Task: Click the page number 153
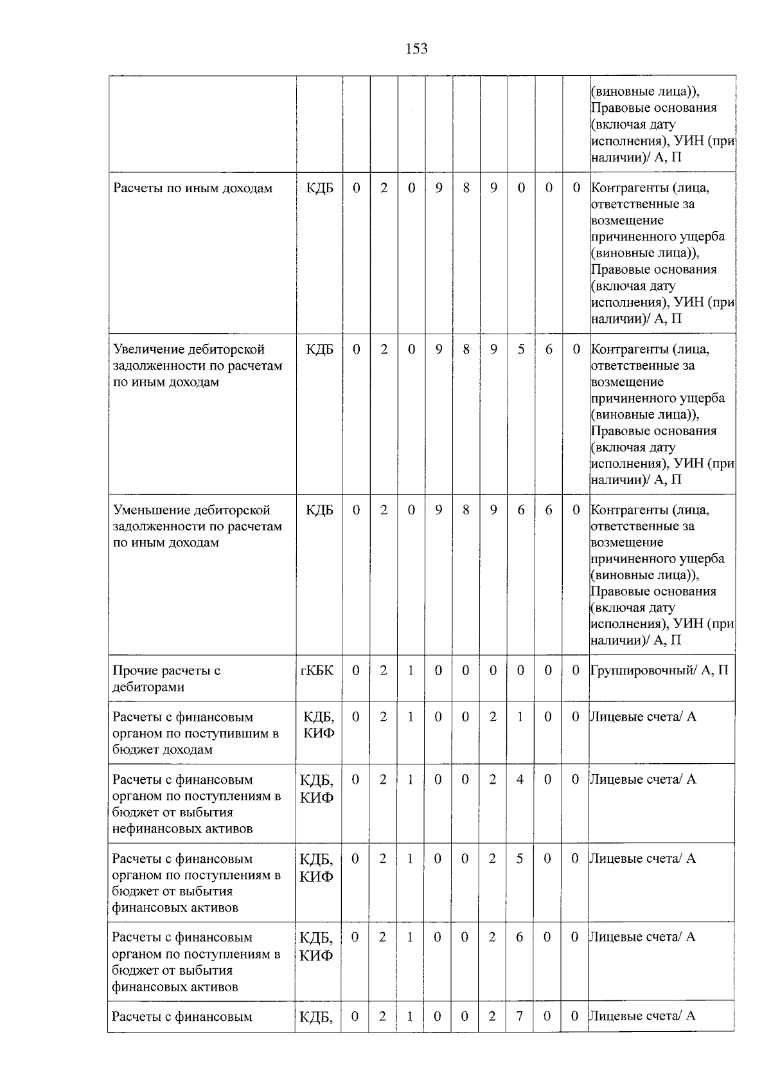pyautogui.click(x=416, y=49)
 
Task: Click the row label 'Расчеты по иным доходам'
pyautogui.click(x=193, y=188)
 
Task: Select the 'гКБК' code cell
pyautogui.click(x=317, y=671)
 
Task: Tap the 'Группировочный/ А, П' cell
pyautogui.click(x=659, y=671)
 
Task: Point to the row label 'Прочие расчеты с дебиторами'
pyautogui.click(x=167, y=678)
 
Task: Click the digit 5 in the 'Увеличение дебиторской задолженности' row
pyautogui.click(x=521, y=349)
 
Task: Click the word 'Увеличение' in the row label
pyautogui.click(x=147, y=349)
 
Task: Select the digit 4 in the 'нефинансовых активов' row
pyautogui.click(x=520, y=780)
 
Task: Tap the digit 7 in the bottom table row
pyautogui.click(x=519, y=1016)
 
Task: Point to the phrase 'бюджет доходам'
pyautogui.click(x=162, y=750)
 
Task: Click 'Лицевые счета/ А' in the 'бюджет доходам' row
pyautogui.click(x=643, y=716)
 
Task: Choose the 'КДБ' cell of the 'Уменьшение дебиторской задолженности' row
pyautogui.click(x=319, y=510)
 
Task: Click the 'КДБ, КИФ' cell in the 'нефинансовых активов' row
pyautogui.click(x=317, y=788)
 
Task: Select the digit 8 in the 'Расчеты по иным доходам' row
pyautogui.click(x=466, y=188)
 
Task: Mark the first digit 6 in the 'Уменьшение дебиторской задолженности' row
pyautogui.click(x=521, y=510)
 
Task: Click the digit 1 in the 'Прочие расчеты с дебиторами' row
pyautogui.click(x=411, y=671)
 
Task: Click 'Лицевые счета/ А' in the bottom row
pyautogui.click(x=642, y=1016)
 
